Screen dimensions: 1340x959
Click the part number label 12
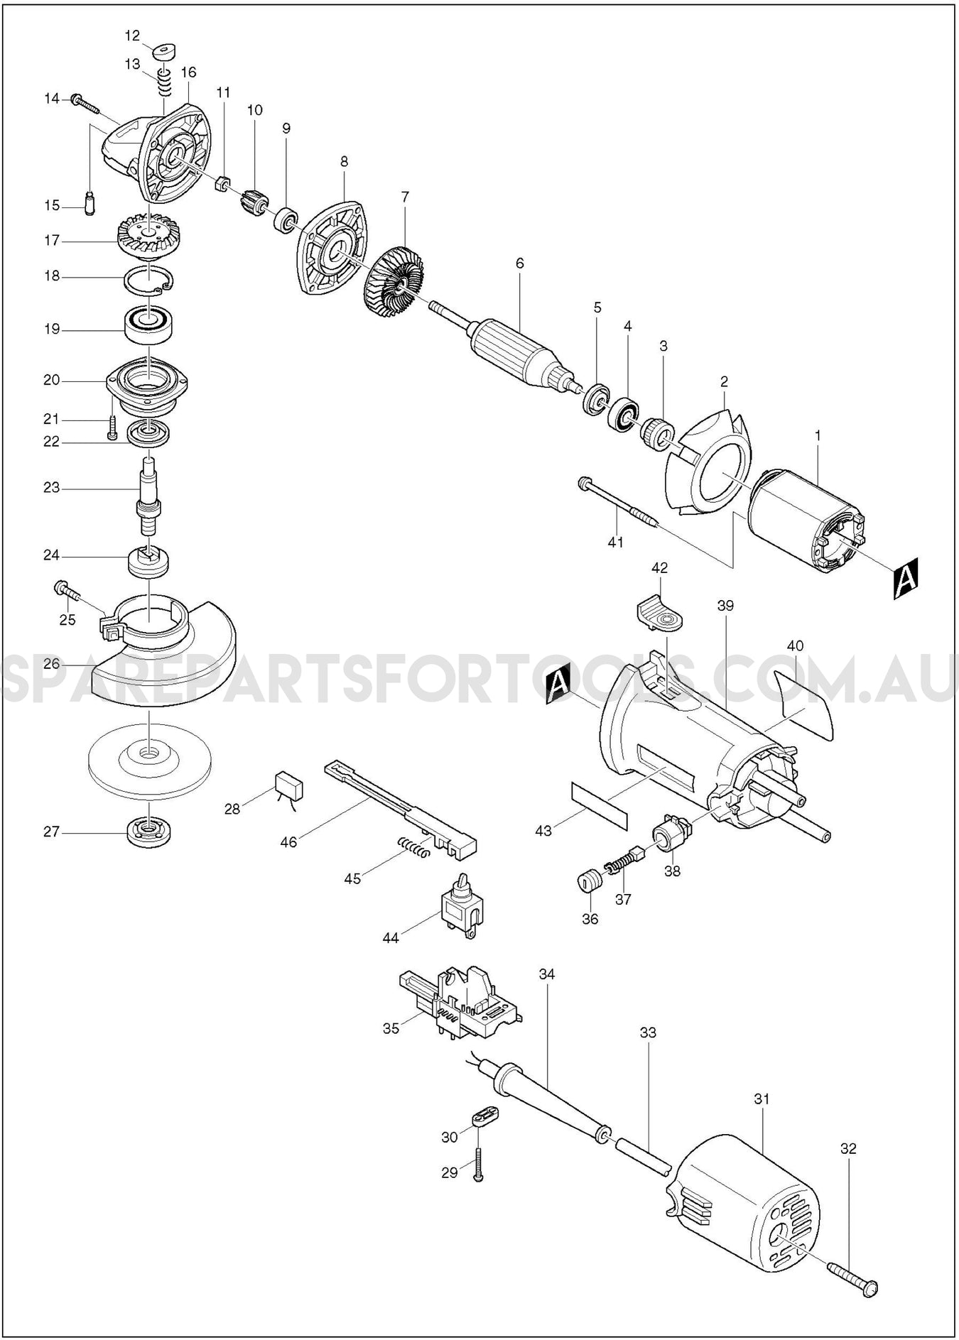click(x=133, y=36)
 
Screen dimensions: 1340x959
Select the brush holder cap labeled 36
click(x=589, y=881)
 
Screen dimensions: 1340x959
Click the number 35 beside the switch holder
click(x=391, y=1028)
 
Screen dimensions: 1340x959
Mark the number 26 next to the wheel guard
click(x=52, y=664)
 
